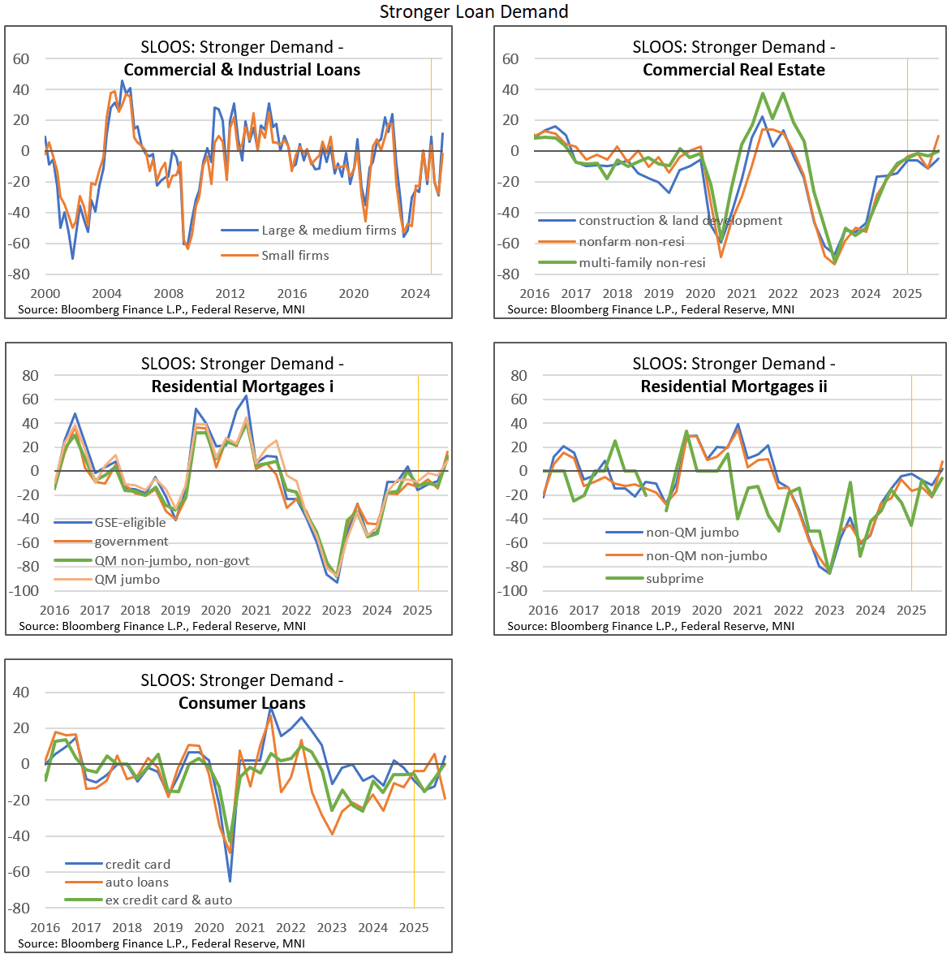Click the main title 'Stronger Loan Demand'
click(x=474, y=11)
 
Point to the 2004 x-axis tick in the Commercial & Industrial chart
click(x=106, y=294)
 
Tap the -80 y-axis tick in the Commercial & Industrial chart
click(x=20, y=274)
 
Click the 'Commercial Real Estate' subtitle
click(x=734, y=70)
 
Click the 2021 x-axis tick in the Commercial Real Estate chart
click(x=742, y=294)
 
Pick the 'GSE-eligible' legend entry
click(x=130, y=523)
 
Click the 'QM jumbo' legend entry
click(x=127, y=580)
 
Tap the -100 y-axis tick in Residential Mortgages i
click(x=24, y=591)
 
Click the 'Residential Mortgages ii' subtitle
click(x=734, y=386)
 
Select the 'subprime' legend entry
click(x=674, y=579)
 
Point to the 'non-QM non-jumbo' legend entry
click(x=706, y=556)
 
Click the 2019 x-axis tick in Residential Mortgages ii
click(x=665, y=611)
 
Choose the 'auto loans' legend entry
click(x=136, y=883)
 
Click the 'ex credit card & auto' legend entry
click(x=168, y=900)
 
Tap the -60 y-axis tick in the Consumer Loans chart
click(x=20, y=872)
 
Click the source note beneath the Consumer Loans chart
click(x=161, y=943)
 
